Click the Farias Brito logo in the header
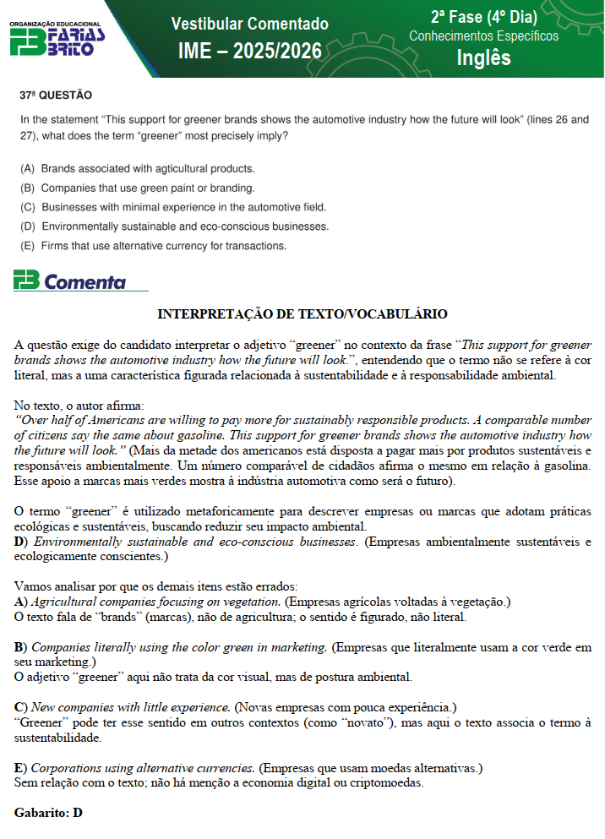[x=57, y=39]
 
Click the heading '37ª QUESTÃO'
[x=56, y=95]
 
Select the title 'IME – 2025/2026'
[x=250, y=52]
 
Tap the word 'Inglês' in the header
[x=483, y=57]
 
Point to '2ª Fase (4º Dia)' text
[x=483, y=18]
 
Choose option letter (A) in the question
[x=28, y=169]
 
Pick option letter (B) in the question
[x=28, y=188]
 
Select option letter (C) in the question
[x=28, y=208]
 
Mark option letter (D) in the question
[x=28, y=227]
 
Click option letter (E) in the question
[x=28, y=247]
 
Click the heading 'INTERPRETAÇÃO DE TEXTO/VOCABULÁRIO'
[x=302, y=314]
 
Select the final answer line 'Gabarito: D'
[x=48, y=813]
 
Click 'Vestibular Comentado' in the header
[x=250, y=24]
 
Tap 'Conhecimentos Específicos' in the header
[x=483, y=36]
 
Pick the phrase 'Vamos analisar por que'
[x=76, y=586]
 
